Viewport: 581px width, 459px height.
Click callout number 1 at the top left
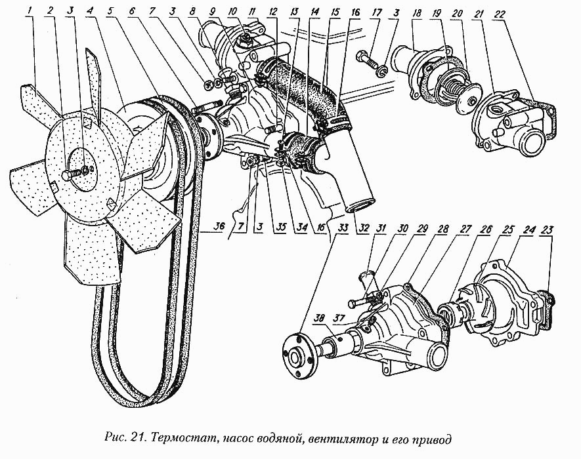tap(30, 12)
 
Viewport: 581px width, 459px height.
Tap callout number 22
tap(494, 14)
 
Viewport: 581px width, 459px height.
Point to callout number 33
tap(343, 228)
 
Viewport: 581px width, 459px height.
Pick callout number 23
tap(546, 230)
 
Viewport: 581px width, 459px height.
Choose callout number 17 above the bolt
tap(376, 14)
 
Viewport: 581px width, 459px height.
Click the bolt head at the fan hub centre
tap(67, 175)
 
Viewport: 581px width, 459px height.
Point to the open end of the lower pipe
tap(360, 205)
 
